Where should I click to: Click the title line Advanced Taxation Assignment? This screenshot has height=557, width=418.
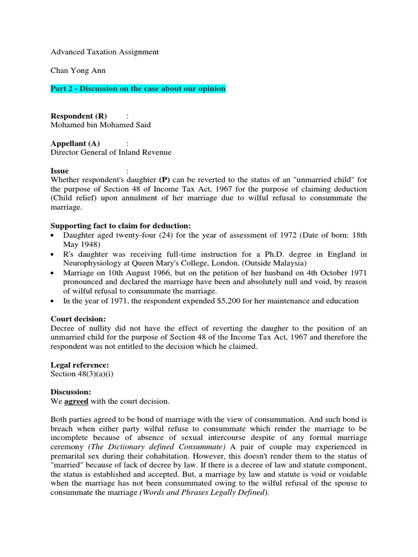pyautogui.click(x=104, y=52)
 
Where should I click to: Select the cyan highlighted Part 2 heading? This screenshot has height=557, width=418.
pyautogui.click(x=138, y=88)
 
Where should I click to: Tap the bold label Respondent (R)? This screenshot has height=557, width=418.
pyautogui.click(x=79, y=116)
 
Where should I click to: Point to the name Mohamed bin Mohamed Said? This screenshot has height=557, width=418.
pyautogui.click(x=101, y=125)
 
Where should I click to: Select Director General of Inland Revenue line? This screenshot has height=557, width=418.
pyautogui.click(x=111, y=152)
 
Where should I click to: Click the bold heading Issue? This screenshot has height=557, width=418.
pyautogui.click(x=60, y=171)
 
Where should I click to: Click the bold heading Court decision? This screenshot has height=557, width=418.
pyautogui.click(x=78, y=319)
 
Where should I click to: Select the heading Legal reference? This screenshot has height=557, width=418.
pyautogui.click(x=79, y=364)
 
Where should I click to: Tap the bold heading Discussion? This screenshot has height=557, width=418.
pyautogui.click(x=71, y=392)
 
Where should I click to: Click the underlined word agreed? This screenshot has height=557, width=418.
pyautogui.click(x=76, y=401)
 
